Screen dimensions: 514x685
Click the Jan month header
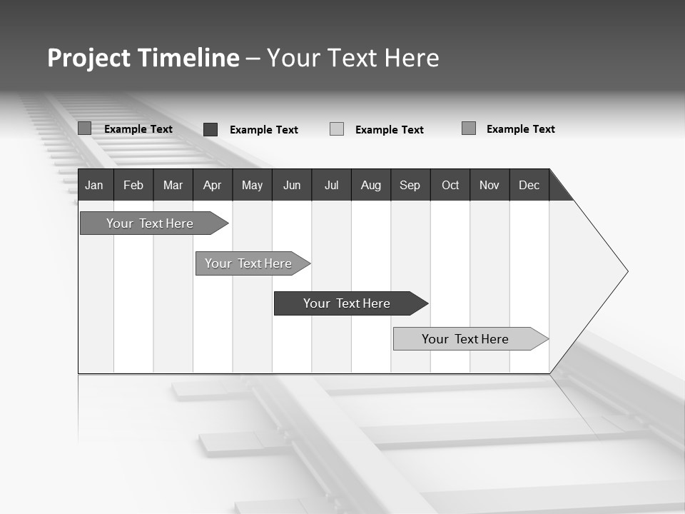point(94,186)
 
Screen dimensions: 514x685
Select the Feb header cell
point(133,186)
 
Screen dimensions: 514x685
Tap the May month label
point(252,186)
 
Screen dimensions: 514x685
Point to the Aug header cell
point(370,186)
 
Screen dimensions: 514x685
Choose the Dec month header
point(529,186)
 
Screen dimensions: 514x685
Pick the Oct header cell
point(450,186)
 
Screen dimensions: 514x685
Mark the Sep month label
point(410,186)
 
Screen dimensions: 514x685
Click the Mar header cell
point(173,186)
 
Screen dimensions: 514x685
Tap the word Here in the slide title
point(412,58)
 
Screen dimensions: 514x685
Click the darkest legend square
point(210,129)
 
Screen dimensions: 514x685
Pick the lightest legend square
point(337,129)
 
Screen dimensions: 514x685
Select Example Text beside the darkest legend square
point(263,130)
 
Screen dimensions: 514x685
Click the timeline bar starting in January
point(150,223)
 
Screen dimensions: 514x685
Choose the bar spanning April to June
point(248,263)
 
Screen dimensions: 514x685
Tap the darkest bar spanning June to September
point(347,303)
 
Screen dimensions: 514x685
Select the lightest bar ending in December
point(465,339)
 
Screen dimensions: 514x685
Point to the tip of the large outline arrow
point(626,271)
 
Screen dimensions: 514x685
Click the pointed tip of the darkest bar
point(427,303)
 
